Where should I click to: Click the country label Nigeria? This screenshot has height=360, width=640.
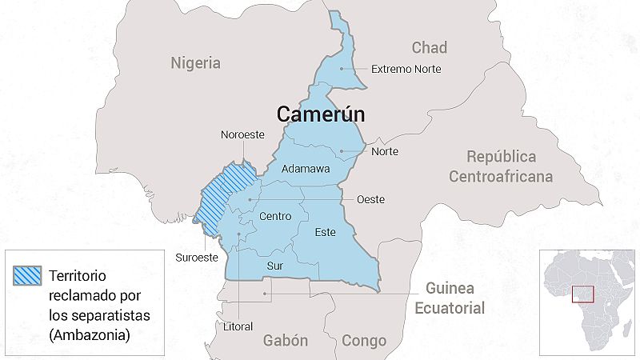195,63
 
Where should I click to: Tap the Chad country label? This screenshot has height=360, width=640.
429,47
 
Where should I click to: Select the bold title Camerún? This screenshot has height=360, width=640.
321,114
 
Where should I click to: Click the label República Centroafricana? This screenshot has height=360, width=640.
501,166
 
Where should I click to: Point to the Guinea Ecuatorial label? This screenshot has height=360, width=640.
455,298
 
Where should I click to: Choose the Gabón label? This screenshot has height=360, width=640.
286,340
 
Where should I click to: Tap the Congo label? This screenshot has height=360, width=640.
364,340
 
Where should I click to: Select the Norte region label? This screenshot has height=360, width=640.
384,151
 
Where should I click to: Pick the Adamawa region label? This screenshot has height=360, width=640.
307,170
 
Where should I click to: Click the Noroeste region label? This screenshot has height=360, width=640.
242,135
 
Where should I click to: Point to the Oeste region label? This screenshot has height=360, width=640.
370,199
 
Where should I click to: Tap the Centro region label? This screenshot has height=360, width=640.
276,216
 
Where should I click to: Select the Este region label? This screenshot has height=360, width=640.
325,232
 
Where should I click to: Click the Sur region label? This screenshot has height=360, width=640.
274,266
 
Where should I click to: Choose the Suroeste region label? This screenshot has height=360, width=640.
196,257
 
